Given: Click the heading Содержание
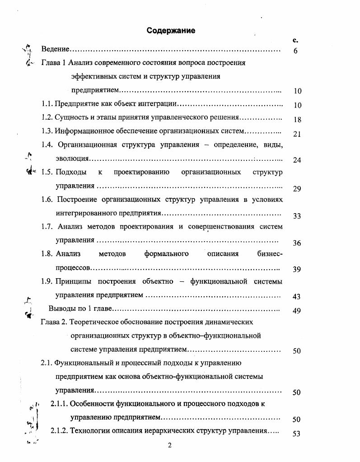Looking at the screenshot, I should (x=171, y=31).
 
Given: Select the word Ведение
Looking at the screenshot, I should (x=55, y=48).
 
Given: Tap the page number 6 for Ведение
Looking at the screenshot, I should (x=295, y=51).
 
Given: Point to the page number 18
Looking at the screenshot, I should (x=297, y=120).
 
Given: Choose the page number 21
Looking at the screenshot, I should (x=297, y=134).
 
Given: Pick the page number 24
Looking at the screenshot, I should (x=297, y=160).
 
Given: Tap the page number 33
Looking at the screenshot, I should (x=297, y=216).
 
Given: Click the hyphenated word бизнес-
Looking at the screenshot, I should (x=270, y=254).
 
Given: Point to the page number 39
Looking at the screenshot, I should (x=297, y=270).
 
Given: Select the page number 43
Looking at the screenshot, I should (x=297, y=297).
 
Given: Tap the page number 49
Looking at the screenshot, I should (x=297, y=311).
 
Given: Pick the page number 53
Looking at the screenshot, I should (x=297, y=434).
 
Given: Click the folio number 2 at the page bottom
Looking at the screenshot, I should (x=169, y=446).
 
